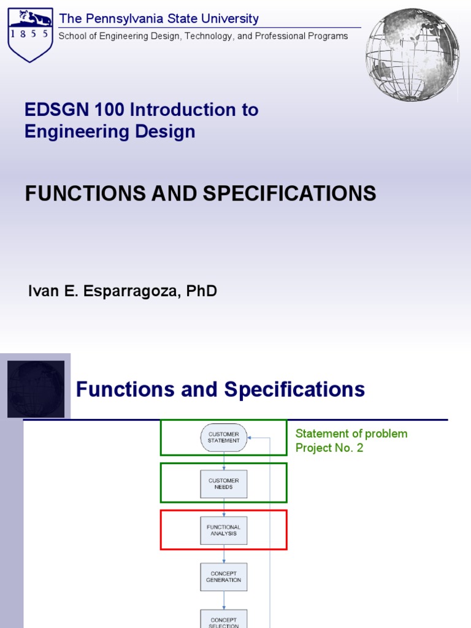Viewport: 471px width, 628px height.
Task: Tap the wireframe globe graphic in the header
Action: tap(412, 55)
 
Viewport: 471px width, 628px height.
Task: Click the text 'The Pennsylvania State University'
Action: tap(159, 19)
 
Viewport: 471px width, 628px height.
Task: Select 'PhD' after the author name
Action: tap(202, 291)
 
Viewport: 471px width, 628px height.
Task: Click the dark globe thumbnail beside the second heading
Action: tap(36, 389)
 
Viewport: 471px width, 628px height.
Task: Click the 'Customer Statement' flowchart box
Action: tap(224, 437)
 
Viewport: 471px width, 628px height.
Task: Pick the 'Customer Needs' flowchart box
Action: tap(224, 484)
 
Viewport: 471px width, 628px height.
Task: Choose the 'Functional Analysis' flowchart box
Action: tap(224, 530)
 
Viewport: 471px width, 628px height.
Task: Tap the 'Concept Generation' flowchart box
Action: tap(224, 577)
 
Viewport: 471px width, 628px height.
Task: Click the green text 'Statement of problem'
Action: tap(351, 434)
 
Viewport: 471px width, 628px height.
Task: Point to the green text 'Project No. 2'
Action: tap(329, 448)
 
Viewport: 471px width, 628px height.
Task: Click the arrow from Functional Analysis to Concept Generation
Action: tap(224, 554)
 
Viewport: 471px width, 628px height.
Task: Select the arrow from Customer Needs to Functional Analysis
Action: tap(224, 507)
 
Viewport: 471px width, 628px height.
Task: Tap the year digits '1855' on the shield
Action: tap(29, 34)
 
